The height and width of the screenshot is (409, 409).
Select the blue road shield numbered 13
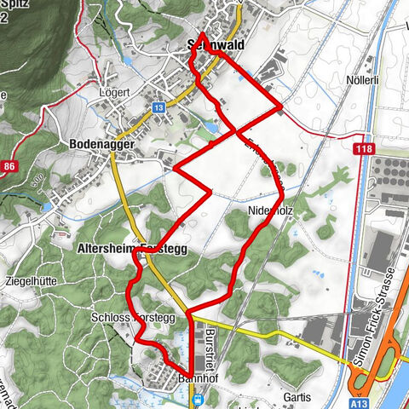tap(158, 108)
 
